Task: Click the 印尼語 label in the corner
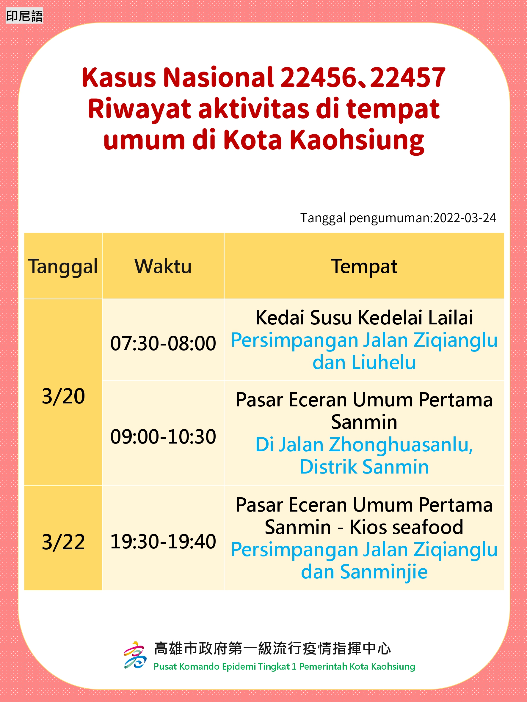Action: [x=24, y=16]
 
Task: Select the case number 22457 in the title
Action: [x=407, y=77]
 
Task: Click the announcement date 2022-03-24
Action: [x=465, y=218]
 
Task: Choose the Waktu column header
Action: [x=163, y=266]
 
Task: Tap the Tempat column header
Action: [x=364, y=266]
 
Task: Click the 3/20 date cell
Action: [x=63, y=396]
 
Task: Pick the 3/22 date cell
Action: [x=63, y=542]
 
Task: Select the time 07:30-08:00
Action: [x=163, y=343]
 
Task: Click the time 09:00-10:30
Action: [x=163, y=437]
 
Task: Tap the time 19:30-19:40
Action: [x=163, y=541]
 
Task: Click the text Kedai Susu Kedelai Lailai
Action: [x=364, y=317]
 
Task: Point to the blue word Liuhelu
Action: [x=384, y=362]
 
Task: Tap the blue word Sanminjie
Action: [x=384, y=572]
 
